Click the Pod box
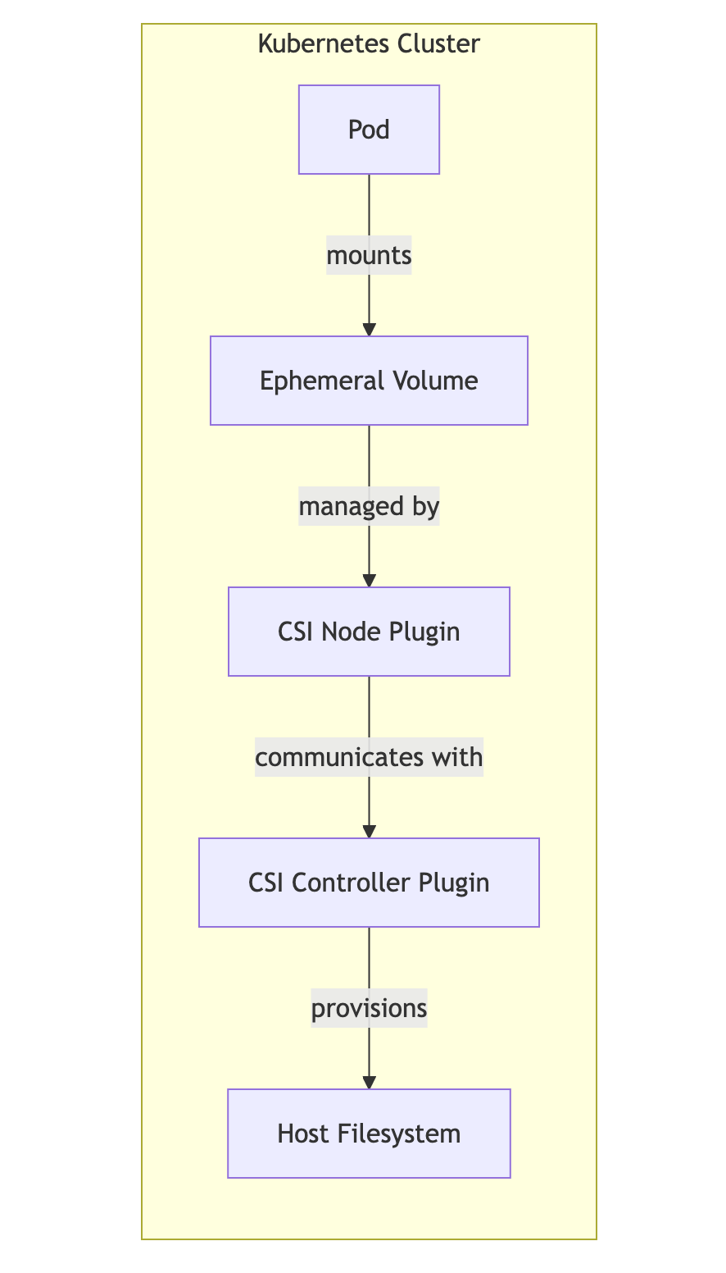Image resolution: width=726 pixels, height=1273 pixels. point(369,130)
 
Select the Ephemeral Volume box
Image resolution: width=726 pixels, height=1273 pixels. point(369,381)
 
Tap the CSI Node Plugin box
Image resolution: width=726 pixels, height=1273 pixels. point(369,632)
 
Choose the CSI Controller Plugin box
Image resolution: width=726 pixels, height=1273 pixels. point(369,883)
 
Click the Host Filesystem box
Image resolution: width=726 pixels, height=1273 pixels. point(369,1134)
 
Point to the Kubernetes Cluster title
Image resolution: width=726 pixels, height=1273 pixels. point(369,43)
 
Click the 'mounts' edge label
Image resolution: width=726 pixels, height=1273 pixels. point(369,255)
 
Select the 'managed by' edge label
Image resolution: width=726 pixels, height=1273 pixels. point(369,507)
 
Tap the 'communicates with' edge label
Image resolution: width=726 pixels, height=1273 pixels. point(369,757)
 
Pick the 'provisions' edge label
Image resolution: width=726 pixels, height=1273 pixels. point(369,1008)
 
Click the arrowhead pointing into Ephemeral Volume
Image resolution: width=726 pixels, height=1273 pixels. point(369,330)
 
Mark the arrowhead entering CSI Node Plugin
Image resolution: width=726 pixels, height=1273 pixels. point(369,581)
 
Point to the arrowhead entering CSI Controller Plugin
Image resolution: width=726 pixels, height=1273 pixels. point(369,832)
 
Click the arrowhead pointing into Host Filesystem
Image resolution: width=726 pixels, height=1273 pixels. point(369,1083)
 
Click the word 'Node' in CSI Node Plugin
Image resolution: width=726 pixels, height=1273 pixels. point(345,632)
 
